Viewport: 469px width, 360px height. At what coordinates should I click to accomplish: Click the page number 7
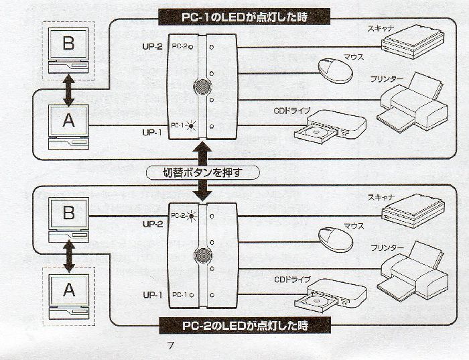[171, 346]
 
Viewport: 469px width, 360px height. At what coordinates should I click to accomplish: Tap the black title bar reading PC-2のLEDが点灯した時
[245, 326]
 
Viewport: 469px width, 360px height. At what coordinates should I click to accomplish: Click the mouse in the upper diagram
[333, 70]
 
